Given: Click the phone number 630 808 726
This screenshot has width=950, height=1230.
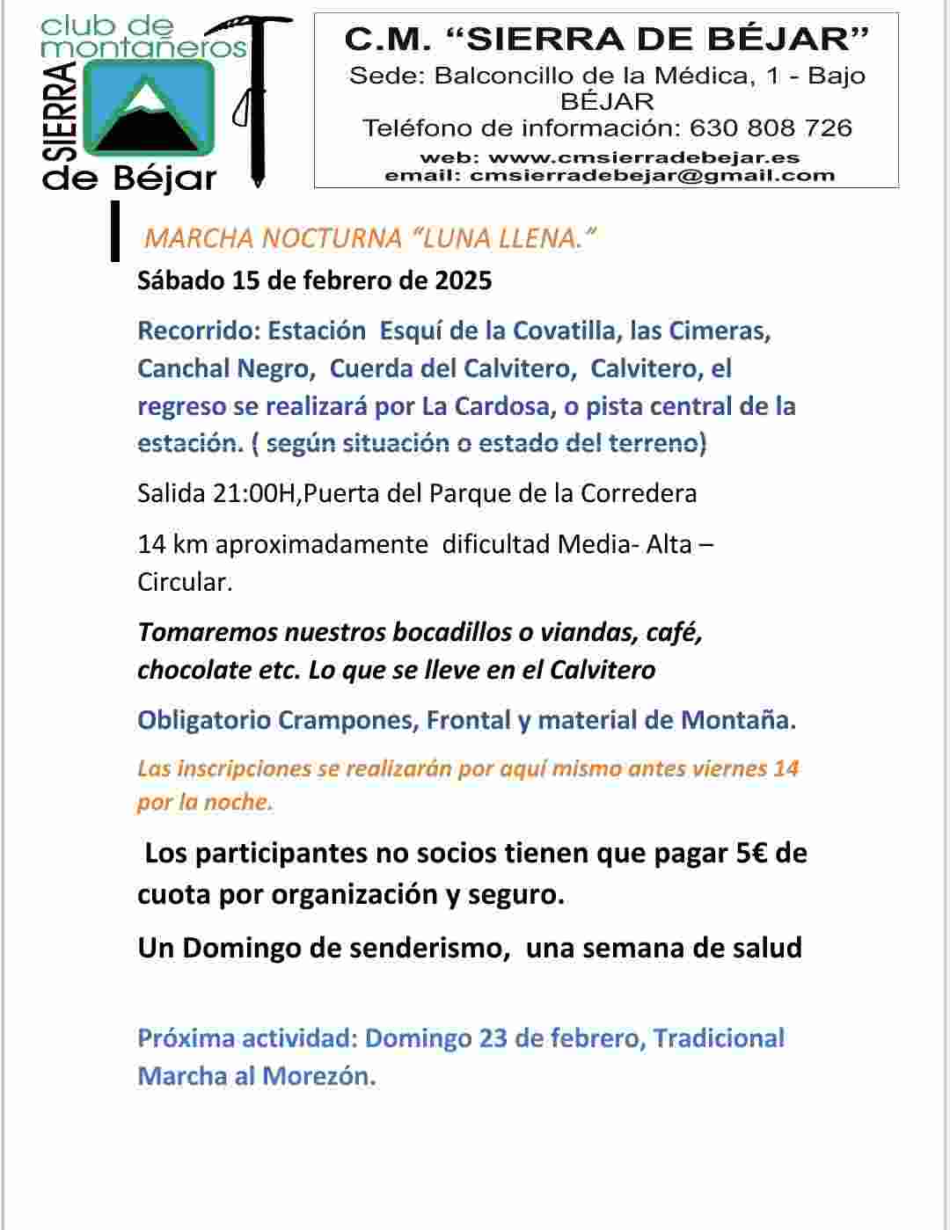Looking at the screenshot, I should point(771,128).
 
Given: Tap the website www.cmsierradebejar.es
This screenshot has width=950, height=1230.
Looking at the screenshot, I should point(644,158).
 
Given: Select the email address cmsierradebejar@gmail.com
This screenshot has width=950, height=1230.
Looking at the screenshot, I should point(652,175).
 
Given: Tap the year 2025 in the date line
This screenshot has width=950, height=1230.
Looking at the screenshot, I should point(464,280).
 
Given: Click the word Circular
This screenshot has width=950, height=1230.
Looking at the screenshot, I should point(185,582).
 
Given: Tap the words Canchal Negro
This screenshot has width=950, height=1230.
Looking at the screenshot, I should point(225,368).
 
